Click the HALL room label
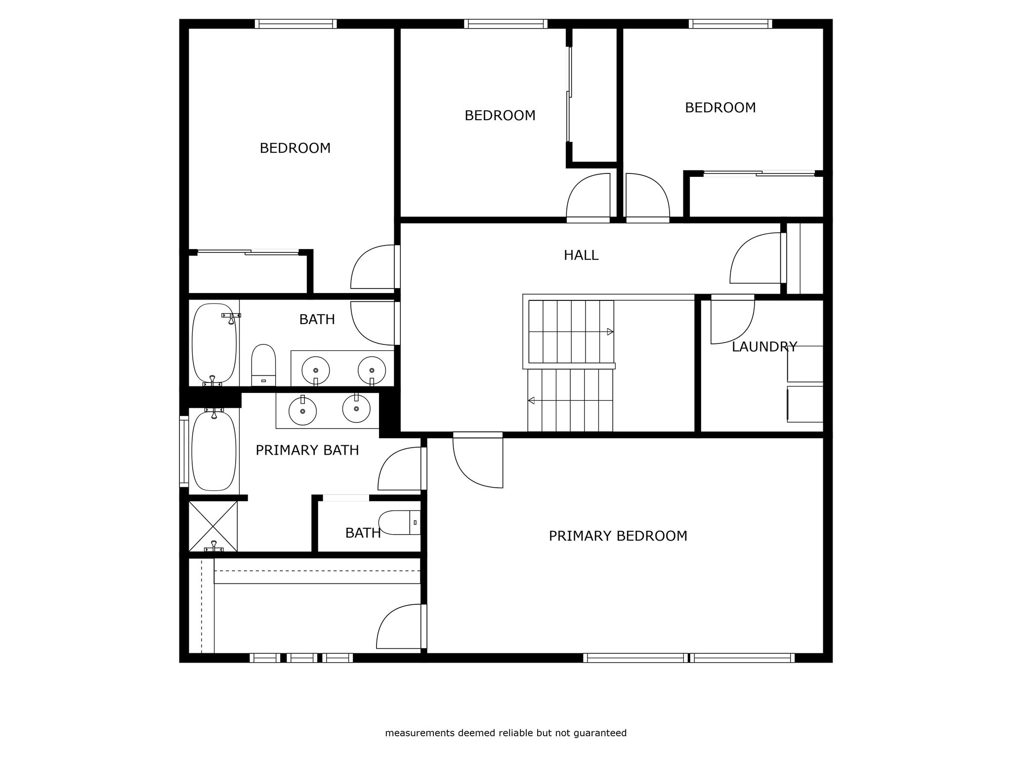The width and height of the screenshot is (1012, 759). tap(581, 255)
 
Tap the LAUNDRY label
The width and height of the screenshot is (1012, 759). tap(764, 347)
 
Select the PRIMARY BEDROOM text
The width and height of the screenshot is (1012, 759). tap(618, 536)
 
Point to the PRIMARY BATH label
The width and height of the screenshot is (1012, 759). tap(307, 450)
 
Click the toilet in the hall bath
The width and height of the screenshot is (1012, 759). tap(263, 365)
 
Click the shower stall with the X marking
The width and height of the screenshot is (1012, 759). tap(213, 526)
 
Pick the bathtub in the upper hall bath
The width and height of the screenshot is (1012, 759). tap(214, 343)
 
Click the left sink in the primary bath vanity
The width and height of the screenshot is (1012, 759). tap(302, 411)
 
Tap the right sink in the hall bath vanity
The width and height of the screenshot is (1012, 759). tap(372, 370)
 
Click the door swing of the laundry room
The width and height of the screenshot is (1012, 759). tap(733, 321)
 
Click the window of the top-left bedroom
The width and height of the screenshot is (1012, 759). tap(296, 24)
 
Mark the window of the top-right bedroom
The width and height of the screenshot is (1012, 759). tap(730, 24)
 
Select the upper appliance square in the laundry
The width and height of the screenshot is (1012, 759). tap(805, 364)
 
